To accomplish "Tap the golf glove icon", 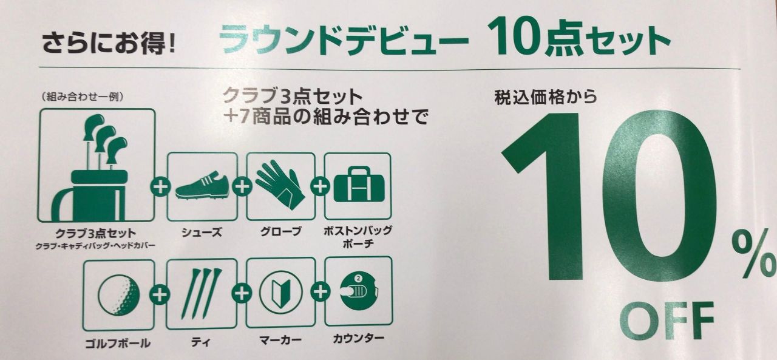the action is (280, 184).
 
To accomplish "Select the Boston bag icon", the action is (359, 184).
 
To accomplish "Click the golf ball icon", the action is (119, 295).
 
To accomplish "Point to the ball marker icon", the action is (281, 293).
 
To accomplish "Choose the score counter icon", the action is (359, 291).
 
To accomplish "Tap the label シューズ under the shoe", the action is (202, 232).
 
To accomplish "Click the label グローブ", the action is (281, 231).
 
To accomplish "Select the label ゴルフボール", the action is (118, 344).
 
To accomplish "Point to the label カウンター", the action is (359, 338).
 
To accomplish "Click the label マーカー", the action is (280, 340).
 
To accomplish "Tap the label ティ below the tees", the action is (201, 342).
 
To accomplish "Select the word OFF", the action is (667, 321).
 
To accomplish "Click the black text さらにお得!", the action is (109, 42).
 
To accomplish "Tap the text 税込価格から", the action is (546, 96).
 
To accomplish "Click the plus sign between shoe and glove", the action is (242, 187).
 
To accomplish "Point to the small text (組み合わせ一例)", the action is (82, 97).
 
